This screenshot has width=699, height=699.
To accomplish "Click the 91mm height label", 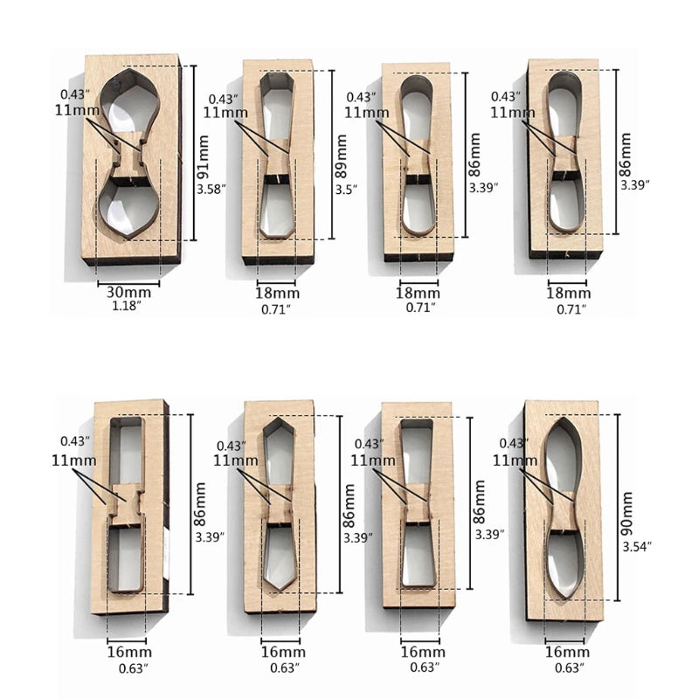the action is pyautogui.click(x=204, y=157).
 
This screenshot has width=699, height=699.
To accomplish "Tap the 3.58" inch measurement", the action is pyautogui.click(x=211, y=189).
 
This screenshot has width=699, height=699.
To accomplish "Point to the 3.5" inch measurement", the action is pyautogui.click(x=346, y=190).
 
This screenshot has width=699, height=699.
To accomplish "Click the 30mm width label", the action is pyautogui.click(x=128, y=293).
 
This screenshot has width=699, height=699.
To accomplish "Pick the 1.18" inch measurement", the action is pyautogui.click(x=127, y=306).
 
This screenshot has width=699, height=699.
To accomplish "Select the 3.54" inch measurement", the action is pyautogui.click(x=637, y=547).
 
